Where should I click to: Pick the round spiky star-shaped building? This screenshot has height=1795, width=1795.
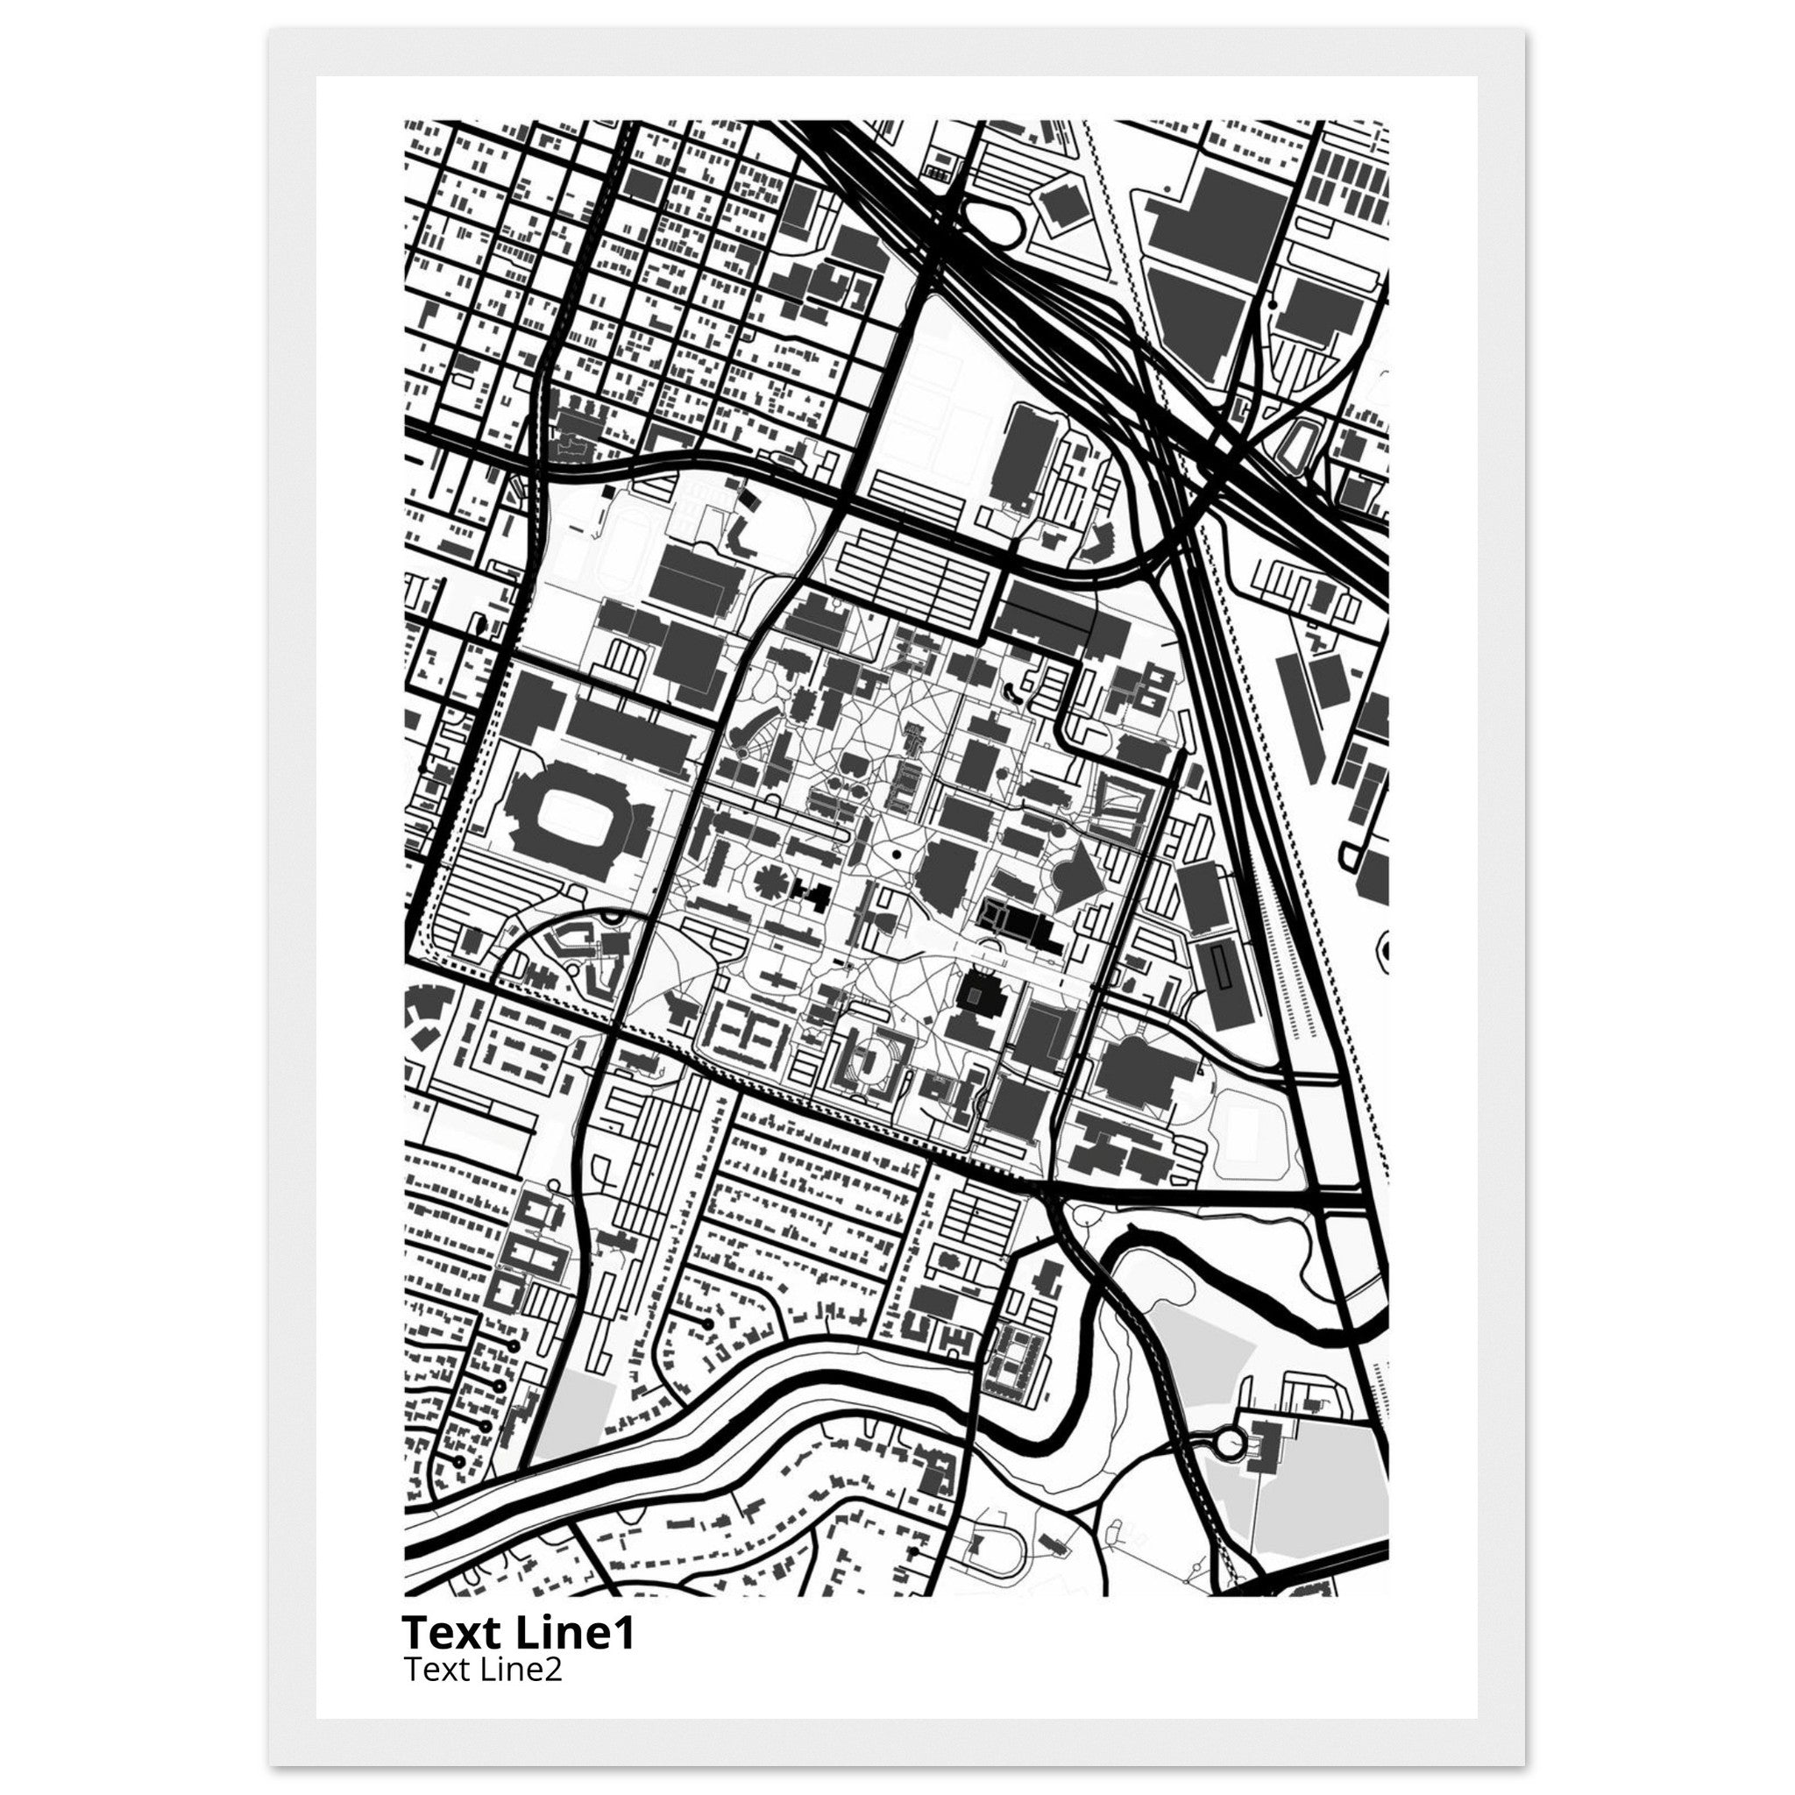pos(770,880)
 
